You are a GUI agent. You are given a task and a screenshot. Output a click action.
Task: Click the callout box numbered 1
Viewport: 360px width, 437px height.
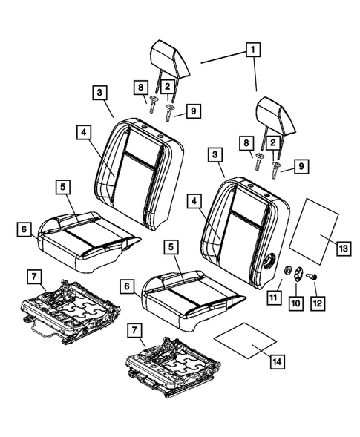tap(253, 50)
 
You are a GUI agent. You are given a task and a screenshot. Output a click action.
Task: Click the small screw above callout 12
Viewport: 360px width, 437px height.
tap(312, 277)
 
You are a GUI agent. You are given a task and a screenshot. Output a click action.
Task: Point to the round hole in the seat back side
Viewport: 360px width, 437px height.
tap(269, 262)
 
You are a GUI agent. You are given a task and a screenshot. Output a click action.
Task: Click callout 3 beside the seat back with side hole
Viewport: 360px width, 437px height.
tap(215, 157)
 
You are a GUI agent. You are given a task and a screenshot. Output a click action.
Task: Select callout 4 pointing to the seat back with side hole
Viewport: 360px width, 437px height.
tap(194, 200)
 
